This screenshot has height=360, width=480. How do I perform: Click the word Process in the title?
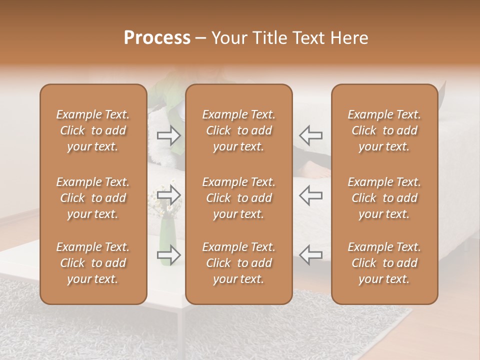(157, 38)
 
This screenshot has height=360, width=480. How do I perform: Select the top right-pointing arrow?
(169, 135)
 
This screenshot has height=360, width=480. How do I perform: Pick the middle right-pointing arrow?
(169, 194)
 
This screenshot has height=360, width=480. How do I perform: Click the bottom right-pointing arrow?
(169, 254)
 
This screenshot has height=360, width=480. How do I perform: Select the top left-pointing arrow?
(310, 135)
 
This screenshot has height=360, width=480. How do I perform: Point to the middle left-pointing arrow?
(310, 194)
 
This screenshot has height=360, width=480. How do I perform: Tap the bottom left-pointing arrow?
(310, 254)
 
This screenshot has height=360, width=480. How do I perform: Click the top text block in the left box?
(93, 130)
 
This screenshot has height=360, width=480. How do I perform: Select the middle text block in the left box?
(93, 198)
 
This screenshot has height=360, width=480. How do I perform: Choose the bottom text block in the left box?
(93, 263)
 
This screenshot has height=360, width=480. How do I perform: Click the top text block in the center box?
(239, 130)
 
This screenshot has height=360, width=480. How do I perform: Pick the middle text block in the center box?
(239, 198)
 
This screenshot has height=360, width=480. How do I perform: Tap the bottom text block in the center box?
(239, 263)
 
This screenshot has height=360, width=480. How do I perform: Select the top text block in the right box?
(384, 130)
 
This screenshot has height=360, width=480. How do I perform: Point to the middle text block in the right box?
(384, 198)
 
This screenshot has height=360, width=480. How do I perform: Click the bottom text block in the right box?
(384, 263)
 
